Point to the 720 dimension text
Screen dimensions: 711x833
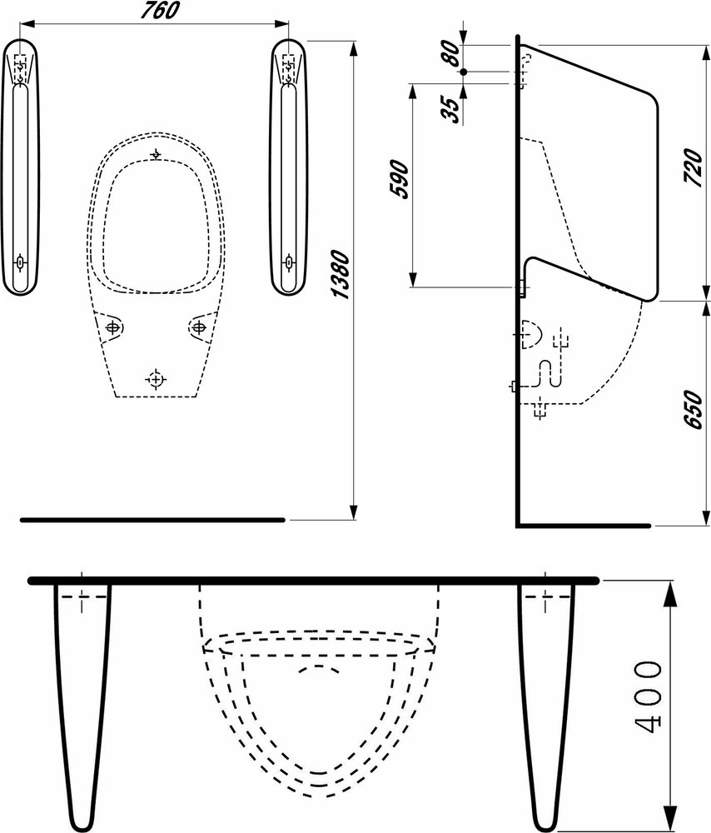pos(693,167)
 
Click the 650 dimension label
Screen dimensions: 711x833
pos(693,409)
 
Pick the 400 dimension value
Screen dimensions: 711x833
pos(649,697)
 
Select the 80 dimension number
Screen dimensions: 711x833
pos(451,52)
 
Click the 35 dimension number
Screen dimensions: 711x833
pos(451,110)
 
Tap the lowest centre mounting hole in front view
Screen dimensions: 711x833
pos(156,379)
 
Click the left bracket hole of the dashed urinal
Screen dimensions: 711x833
pos(112,327)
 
